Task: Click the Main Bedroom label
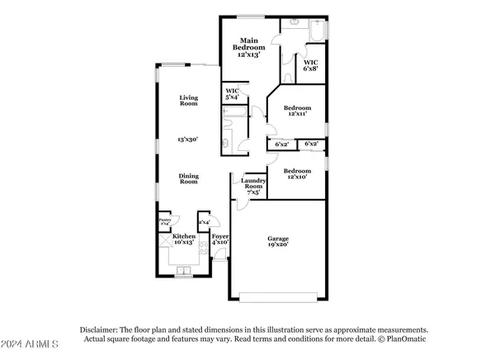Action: coord(248,46)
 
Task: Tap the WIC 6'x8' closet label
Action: coord(311,65)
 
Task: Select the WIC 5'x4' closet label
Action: coord(232,95)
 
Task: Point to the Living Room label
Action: coord(190,101)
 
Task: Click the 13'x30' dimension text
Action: coord(190,139)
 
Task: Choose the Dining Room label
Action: coord(190,178)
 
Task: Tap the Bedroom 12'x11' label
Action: coord(298,111)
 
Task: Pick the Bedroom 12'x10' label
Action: coord(298,174)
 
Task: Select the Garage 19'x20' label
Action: coord(277,241)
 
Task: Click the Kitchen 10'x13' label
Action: coord(184,239)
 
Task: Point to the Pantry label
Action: coord(164,221)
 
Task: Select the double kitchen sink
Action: coord(183,271)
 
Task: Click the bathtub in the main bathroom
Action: coord(318,31)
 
